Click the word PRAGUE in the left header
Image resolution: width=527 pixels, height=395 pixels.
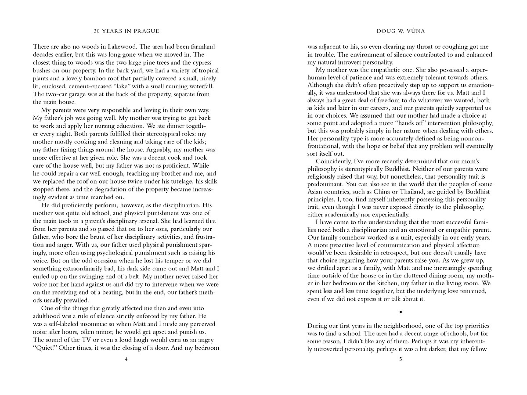coord(146,31)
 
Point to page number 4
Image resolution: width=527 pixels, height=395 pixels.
coord(126,359)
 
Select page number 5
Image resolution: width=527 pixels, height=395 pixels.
coord(401,359)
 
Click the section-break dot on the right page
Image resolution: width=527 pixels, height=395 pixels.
coord(401,312)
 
